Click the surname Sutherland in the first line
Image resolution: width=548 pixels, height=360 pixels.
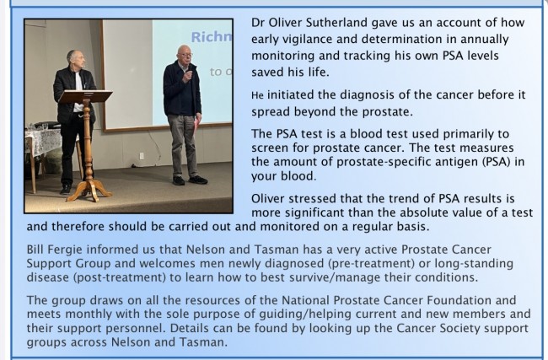pos(336,23)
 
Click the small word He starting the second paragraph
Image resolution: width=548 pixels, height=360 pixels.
pos(257,95)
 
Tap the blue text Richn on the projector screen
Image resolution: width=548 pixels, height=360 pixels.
pos(212,37)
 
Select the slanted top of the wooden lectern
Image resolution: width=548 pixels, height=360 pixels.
pos(85,96)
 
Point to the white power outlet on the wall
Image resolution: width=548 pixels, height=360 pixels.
pos(142,155)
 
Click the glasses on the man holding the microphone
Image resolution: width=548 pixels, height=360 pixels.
pos(185,55)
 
